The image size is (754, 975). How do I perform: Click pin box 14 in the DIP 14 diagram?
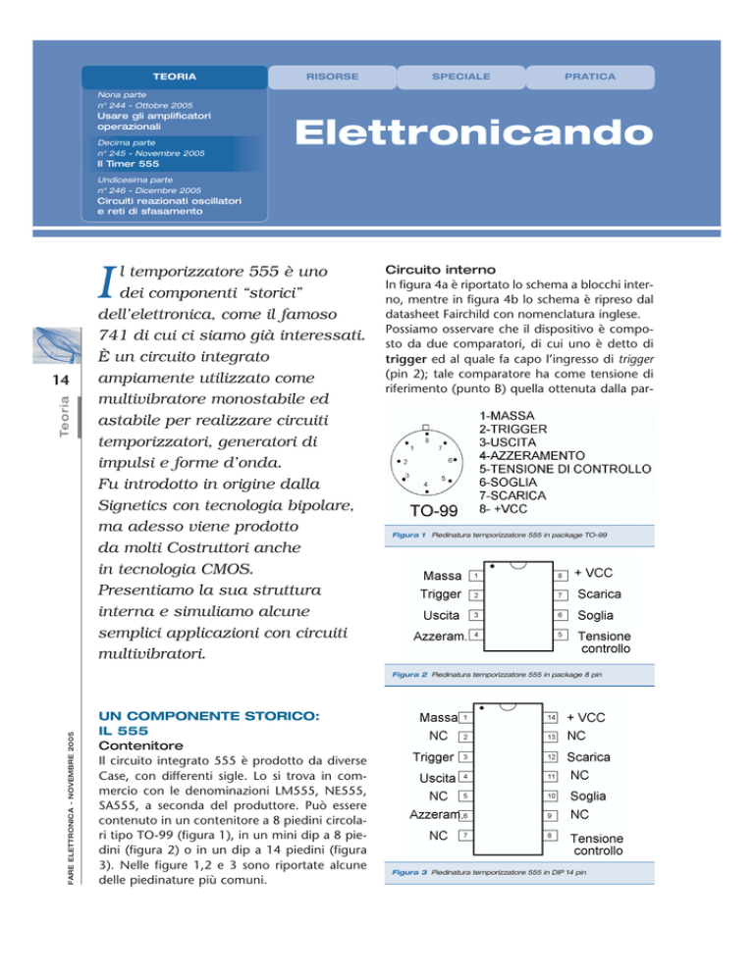click(x=553, y=717)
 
